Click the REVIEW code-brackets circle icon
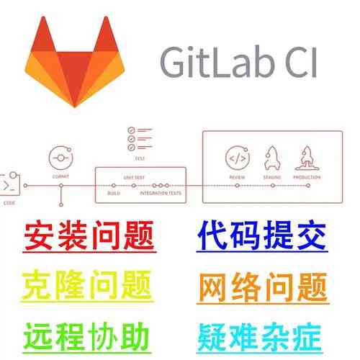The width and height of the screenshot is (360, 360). point(237,157)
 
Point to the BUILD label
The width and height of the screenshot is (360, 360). point(113,194)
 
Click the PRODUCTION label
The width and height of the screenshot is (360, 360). point(307,176)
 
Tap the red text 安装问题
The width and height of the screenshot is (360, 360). point(89,235)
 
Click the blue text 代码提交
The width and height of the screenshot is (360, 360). point(263,234)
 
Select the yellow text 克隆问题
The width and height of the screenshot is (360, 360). point(88,285)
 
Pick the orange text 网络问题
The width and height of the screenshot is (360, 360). point(263,284)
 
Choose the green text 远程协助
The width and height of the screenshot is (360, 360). point(86,334)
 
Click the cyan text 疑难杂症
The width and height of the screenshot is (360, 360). point(262,334)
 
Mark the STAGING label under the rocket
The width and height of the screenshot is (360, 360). point(272,176)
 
